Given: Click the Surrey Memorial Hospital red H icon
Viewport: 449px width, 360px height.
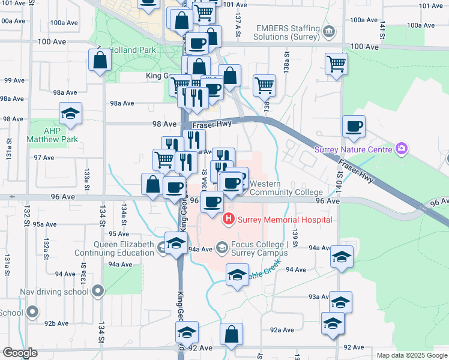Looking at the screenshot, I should coord(229,220).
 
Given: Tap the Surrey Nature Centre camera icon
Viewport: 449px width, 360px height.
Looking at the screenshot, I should coord(402,148).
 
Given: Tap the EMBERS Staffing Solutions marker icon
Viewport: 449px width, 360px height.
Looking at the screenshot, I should coord(328,31).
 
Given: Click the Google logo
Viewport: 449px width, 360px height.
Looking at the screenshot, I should coord(20,353).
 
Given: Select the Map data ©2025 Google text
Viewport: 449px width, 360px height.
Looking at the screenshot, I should coord(411,355).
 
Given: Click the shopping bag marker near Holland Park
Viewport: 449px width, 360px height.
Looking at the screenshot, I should coord(100,60).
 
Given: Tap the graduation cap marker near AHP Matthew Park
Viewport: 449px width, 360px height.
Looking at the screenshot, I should coord(70,113).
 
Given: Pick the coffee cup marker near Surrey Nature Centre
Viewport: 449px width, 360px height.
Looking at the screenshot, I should coord(354,126).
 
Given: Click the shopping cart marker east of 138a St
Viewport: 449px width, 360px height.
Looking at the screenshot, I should coord(336,62).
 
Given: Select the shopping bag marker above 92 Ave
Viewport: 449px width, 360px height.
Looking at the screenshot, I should coord(231,334).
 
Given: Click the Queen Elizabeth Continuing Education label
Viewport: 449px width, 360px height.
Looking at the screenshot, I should coord(114,248).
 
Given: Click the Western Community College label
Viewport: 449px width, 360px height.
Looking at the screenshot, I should coord(286,188).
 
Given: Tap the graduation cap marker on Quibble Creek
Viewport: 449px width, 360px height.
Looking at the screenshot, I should coord(237,275).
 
